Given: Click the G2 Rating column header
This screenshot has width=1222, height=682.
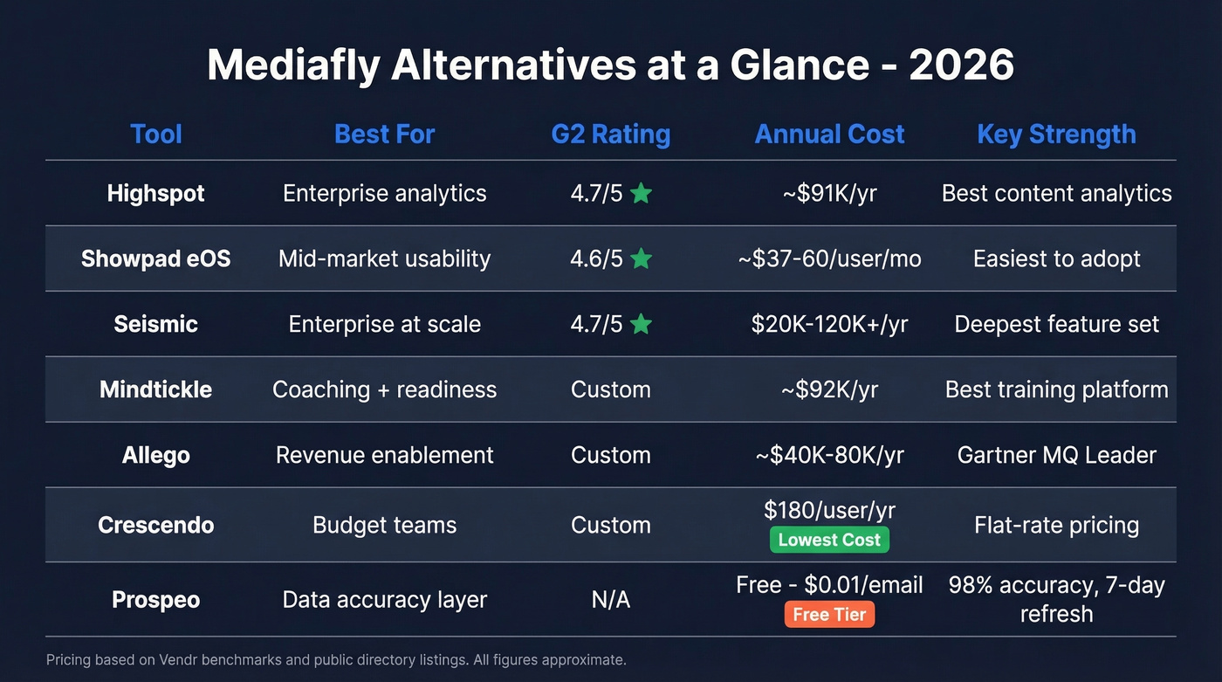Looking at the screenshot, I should point(611,134).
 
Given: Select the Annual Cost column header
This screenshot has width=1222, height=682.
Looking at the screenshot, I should point(829,134).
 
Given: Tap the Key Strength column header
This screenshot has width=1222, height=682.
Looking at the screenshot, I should point(1056,134).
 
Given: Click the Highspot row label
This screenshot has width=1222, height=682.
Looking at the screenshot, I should point(155,193).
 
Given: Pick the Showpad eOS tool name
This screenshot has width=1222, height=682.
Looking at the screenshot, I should point(155,258).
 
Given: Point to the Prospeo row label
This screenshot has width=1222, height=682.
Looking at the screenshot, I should point(155,600).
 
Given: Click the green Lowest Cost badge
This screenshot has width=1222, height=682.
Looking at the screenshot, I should point(829,540).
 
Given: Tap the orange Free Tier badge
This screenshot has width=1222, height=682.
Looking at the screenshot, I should point(829,614).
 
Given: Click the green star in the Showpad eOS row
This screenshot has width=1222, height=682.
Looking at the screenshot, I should point(641,258).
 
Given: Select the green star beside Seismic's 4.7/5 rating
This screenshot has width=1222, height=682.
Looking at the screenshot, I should point(641,324).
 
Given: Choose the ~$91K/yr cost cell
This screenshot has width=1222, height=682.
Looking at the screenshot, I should point(829,193).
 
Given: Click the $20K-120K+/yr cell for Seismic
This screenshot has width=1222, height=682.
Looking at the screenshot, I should point(829,324).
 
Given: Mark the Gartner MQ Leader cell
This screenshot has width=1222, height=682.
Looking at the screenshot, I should point(1056,455).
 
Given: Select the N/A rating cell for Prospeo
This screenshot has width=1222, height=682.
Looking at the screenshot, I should point(611,600).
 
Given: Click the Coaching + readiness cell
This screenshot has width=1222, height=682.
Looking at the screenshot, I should point(384,389).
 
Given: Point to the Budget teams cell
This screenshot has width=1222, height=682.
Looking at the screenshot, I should point(384,525).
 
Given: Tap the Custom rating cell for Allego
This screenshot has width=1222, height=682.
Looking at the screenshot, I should point(611,455).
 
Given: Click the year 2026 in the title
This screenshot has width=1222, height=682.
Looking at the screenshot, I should point(961,65).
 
